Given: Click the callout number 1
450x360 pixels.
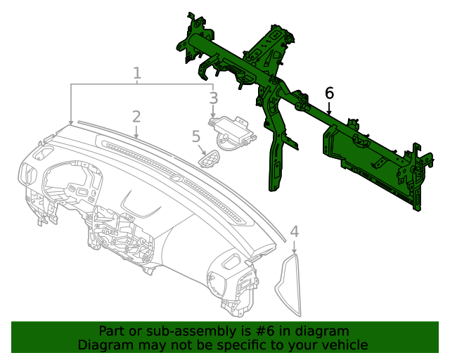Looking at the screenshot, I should [x=137, y=72].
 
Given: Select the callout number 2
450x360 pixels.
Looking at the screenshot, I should [x=136, y=116].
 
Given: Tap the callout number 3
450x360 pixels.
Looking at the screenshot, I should [x=213, y=98].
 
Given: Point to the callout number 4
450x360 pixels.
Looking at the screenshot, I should [x=294, y=231].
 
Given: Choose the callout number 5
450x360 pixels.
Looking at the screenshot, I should [x=196, y=136].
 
